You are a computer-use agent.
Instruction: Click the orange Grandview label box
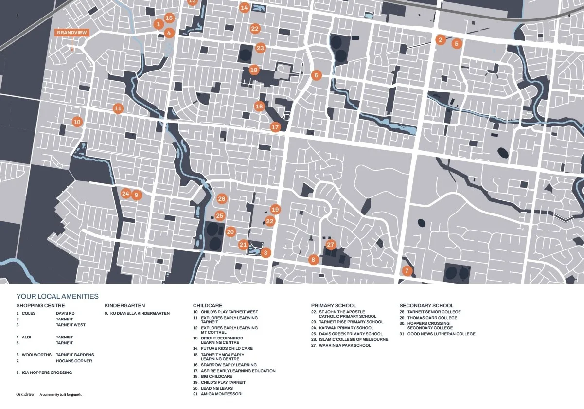pos(71,33)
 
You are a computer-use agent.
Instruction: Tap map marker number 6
pos(316,75)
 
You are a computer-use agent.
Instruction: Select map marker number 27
pos(331,244)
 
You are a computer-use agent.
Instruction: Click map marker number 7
pos(407,271)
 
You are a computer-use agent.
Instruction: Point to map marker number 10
pos(77,122)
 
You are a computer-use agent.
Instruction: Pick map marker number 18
pos(254,70)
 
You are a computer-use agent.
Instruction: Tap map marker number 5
pos(456,43)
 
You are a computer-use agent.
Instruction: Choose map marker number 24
pos(125,194)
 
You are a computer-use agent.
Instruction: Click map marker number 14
pos(244,7)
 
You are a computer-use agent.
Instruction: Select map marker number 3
pos(265,253)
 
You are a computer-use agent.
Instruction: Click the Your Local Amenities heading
pos(57,296)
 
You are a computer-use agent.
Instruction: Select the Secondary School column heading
pos(426,305)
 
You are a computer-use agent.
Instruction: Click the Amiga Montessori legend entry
pos(221,394)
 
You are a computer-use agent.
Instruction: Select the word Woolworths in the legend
pos(36,355)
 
